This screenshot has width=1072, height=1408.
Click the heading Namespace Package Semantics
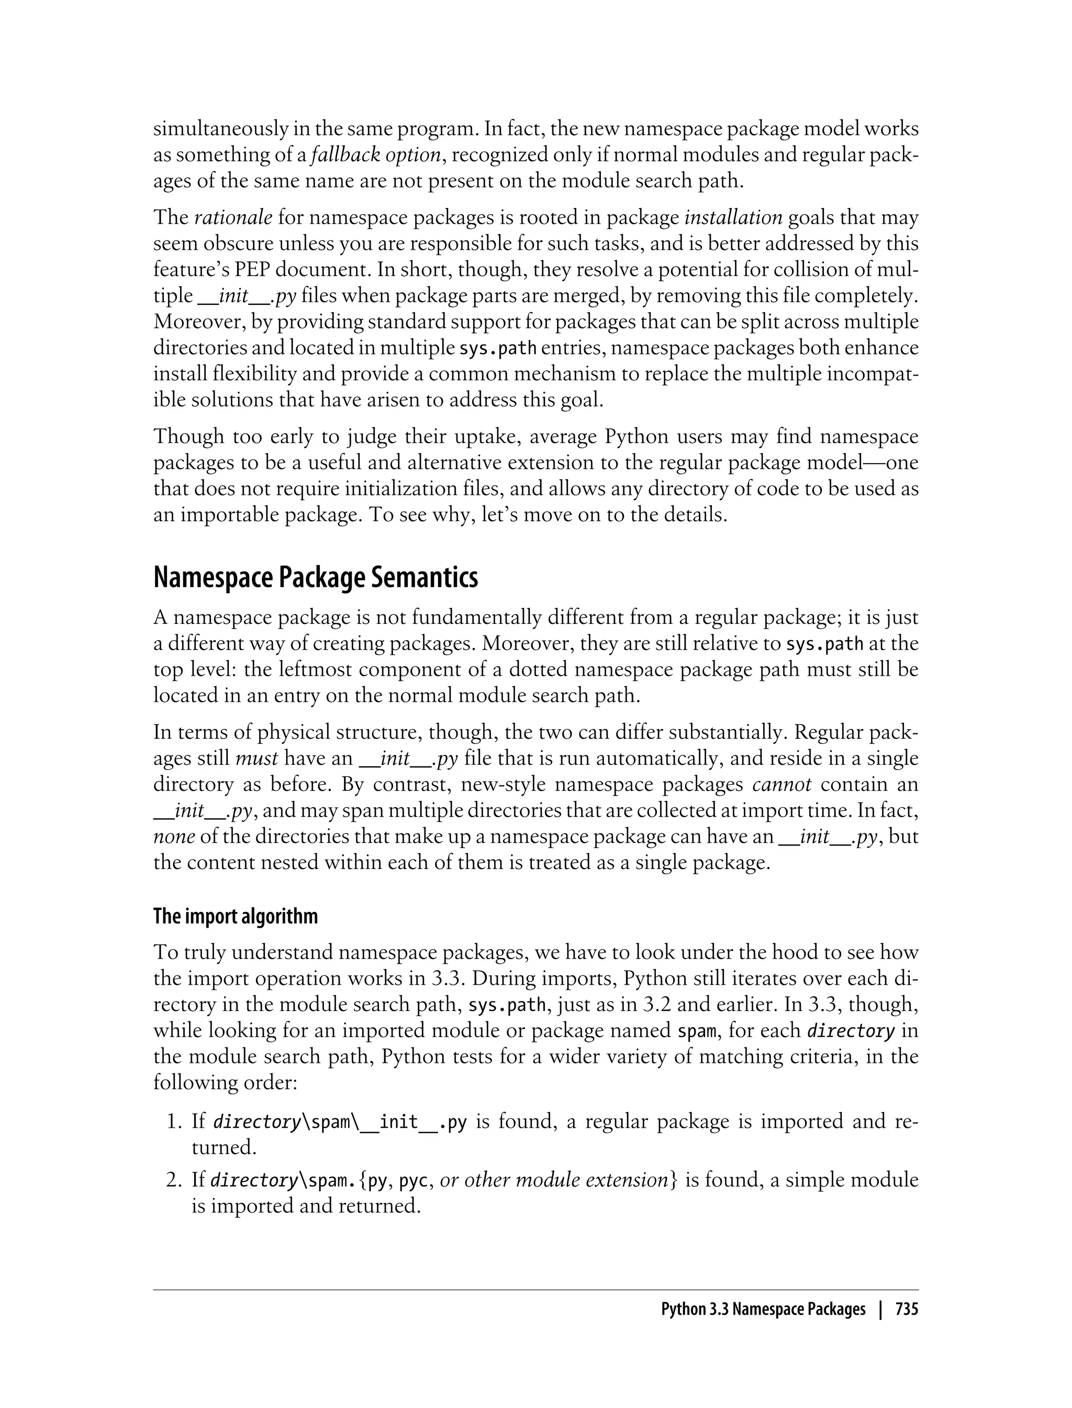[315, 578]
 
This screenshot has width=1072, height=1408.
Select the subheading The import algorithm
[236, 916]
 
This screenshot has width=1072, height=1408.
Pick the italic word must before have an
[256, 758]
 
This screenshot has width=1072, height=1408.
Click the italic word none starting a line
[174, 837]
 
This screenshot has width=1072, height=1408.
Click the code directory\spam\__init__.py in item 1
[340, 1123]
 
